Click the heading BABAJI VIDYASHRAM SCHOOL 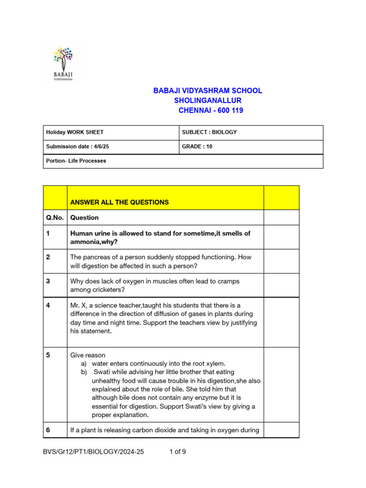tap(207, 91)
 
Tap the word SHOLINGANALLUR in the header tap(207, 101)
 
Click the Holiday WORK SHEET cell tap(74, 132)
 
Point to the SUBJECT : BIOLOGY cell tap(209, 132)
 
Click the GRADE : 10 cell tap(197, 147)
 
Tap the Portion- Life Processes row tap(76, 161)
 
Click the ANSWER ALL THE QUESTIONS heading tap(119, 203)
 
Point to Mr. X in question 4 tap(79, 305)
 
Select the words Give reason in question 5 tap(88, 356)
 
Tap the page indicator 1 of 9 tap(178, 452)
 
